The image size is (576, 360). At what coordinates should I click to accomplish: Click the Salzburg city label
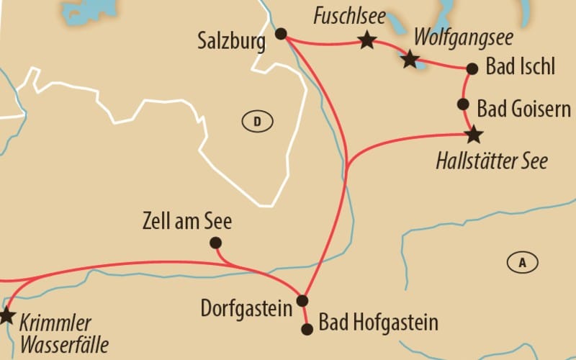[x=230, y=41]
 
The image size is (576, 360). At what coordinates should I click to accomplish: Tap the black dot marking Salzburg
[x=282, y=33]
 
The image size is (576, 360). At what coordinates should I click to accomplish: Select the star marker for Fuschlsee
[x=367, y=40]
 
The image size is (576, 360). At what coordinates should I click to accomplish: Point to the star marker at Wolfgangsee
[x=410, y=59]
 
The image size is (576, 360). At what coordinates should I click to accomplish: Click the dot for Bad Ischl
[x=472, y=69]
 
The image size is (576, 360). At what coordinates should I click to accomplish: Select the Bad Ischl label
[x=521, y=68]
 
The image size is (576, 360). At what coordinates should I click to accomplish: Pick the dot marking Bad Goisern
[x=464, y=104]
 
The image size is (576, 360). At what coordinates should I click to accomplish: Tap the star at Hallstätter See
[x=474, y=135]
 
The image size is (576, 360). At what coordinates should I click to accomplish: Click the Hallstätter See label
[x=492, y=160]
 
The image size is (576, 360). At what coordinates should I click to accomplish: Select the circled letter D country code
[x=256, y=122]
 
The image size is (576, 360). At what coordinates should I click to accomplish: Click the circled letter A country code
[x=522, y=263]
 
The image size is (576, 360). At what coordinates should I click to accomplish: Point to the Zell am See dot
[x=215, y=243]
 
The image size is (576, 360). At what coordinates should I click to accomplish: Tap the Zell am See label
[x=188, y=220]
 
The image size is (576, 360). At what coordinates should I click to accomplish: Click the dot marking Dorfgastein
[x=302, y=300]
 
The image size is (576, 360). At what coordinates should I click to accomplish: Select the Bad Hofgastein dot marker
[x=307, y=329]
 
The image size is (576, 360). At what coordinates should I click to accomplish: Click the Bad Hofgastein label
[x=378, y=323]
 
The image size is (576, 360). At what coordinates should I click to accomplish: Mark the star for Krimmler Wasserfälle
[x=6, y=315]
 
